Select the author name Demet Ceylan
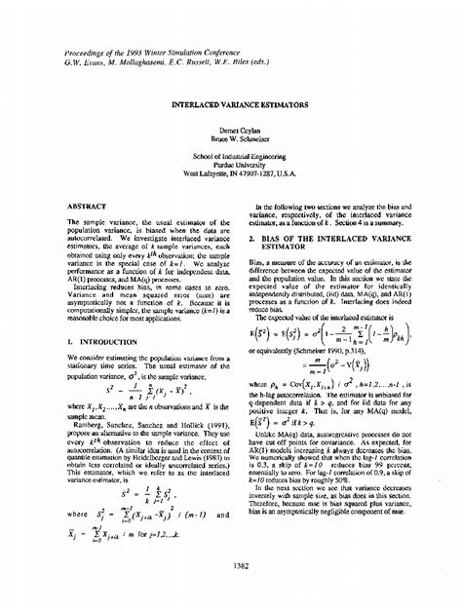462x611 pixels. coord(230,128)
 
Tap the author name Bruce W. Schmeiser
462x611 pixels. coord(230,137)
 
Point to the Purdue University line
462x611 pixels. coord(230,166)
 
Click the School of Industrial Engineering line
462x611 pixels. coord(230,156)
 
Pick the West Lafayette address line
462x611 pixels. coord(230,175)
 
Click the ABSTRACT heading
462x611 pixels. coord(87,207)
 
